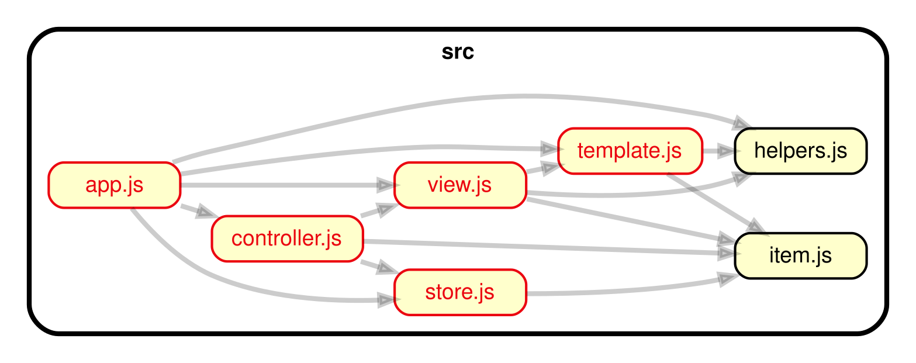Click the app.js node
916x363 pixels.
[114, 185]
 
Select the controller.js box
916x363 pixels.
[287, 239]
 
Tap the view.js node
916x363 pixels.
[459, 185]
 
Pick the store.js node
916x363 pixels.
[459, 292]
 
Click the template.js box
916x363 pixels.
[629, 151]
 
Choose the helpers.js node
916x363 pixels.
[800, 151]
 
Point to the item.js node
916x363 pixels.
[800, 256]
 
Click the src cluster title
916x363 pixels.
[458, 53]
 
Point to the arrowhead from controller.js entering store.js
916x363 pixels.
[386, 269]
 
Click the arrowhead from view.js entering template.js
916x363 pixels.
[550, 169]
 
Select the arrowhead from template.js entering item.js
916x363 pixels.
[753, 226]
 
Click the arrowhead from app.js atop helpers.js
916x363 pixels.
[742, 123]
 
